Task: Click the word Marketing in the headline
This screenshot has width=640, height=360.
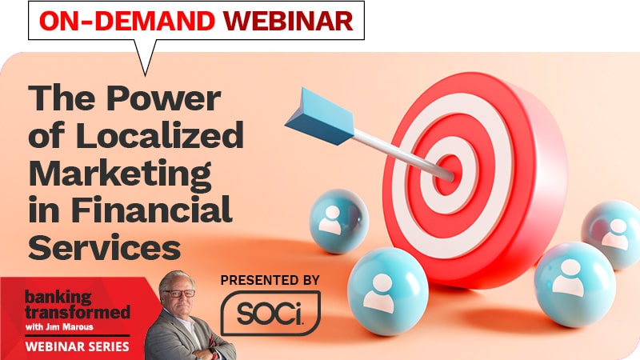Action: (120, 173)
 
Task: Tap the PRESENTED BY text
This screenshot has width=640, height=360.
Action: (270, 280)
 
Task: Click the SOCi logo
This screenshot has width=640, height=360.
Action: (270, 312)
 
